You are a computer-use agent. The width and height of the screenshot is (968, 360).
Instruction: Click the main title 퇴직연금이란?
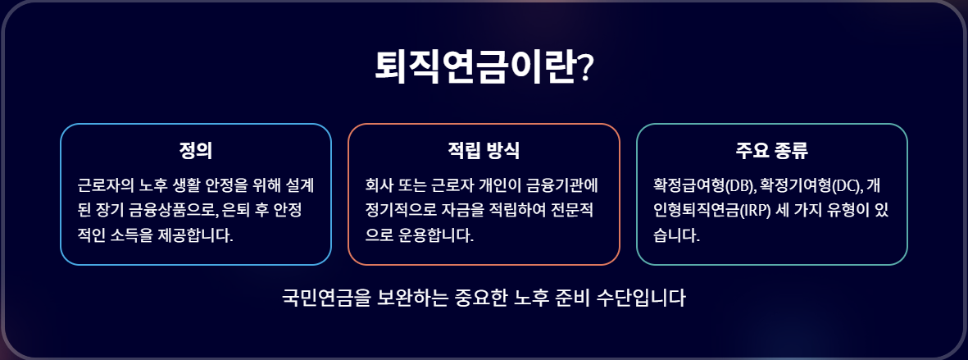click(x=484, y=66)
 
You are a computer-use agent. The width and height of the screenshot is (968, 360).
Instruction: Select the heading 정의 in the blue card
click(x=196, y=152)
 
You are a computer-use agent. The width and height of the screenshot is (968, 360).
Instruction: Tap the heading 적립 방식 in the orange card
click(x=484, y=152)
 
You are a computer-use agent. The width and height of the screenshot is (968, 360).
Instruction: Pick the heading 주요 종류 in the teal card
click(x=772, y=152)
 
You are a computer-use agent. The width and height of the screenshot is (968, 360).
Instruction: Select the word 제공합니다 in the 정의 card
click(x=198, y=236)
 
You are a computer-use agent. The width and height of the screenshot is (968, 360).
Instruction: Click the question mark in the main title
click(x=586, y=68)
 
